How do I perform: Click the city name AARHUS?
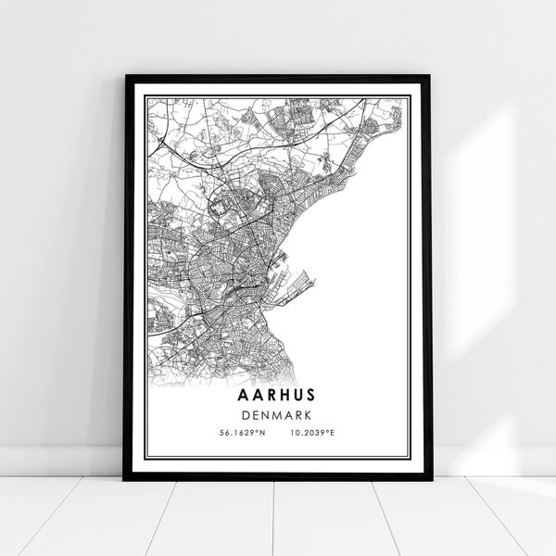[x=278, y=395]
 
